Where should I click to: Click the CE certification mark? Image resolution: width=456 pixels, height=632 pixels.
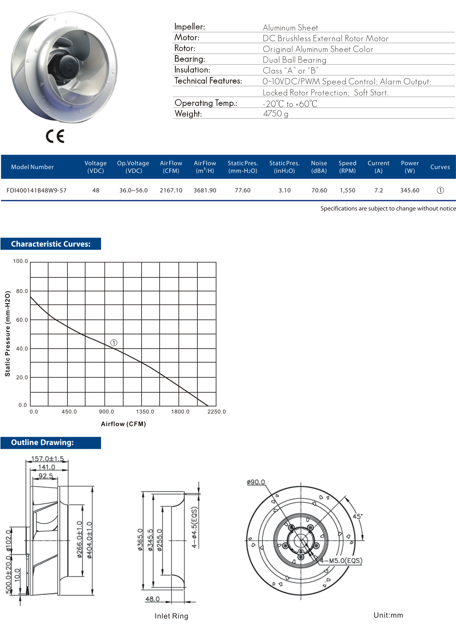coord(55,136)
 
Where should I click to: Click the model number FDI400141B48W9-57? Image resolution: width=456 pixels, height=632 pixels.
coord(37,190)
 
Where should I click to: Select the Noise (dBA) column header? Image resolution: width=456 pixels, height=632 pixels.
coord(319,167)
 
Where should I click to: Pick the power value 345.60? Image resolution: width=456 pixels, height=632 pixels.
coord(410,190)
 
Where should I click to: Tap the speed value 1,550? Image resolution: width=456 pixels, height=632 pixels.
coord(348,190)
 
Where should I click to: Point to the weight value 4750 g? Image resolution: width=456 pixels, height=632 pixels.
coord(275,114)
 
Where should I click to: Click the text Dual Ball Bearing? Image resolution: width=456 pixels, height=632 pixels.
coord(294,60)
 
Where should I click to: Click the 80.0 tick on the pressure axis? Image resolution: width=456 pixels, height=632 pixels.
coord(22,291)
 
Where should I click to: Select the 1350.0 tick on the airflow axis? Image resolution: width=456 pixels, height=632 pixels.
coord(145,412)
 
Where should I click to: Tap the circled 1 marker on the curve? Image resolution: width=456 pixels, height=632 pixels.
coord(114,343)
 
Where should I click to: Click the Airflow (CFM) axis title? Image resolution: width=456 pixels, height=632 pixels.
coord(123,424)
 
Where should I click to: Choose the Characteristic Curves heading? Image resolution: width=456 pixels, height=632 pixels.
coord(51,244)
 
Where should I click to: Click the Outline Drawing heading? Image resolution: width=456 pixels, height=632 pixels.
coord(42,443)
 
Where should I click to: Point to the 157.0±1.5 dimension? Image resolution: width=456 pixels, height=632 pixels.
coord(47,459)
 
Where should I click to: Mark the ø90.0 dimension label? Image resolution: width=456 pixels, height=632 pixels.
coord(256,482)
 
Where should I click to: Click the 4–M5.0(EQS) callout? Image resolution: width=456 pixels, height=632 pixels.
coord(341,561)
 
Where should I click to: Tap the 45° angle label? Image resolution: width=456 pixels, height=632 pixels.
coord(357,516)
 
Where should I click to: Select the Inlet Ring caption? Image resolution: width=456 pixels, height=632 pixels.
coord(171,616)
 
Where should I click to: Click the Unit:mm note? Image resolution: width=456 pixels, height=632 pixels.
coord(388,615)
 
